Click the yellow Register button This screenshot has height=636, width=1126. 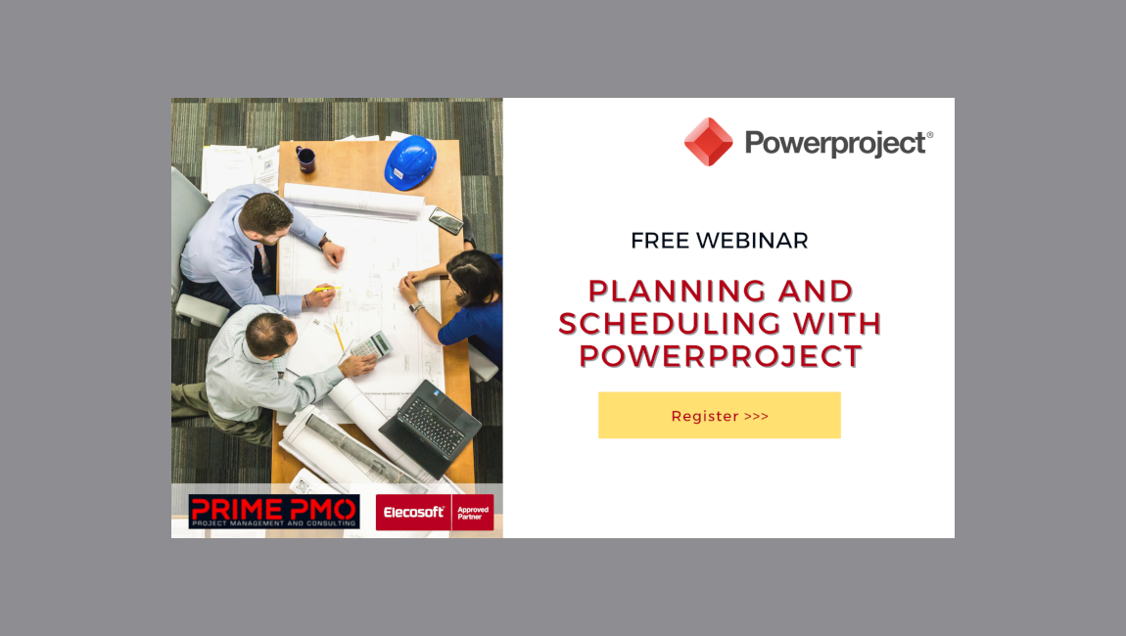point(719,415)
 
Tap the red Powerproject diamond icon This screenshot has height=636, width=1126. point(708,142)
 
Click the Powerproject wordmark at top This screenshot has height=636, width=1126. point(838,144)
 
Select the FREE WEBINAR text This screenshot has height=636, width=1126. point(719,241)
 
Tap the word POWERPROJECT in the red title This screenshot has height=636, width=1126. point(720,355)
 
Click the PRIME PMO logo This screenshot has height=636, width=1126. point(274,512)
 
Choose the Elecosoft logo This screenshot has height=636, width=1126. point(413,512)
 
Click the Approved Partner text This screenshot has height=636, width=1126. point(473,512)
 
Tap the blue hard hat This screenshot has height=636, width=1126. point(410,161)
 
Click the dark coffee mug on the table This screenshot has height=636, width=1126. point(305,159)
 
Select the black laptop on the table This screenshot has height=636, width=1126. point(430,427)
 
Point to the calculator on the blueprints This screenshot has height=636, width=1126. point(369,344)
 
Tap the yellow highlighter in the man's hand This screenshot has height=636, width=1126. point(326,289)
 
